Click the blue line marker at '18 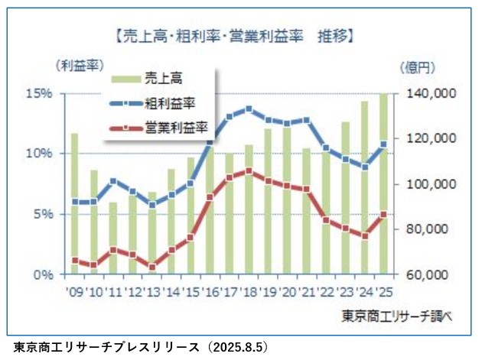(x=249, y=109)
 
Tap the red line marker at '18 (x=249, y=171)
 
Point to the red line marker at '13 (x=152, y=267)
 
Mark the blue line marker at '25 (x=384, y=144)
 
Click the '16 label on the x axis (x=210, y=291)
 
